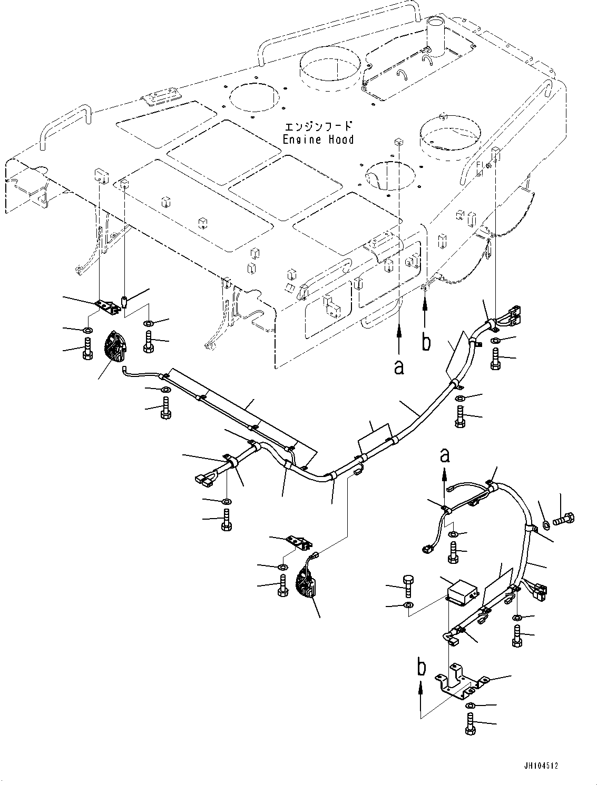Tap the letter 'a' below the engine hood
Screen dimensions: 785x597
(399, 367)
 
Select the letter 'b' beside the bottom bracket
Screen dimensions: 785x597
(421, 668)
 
